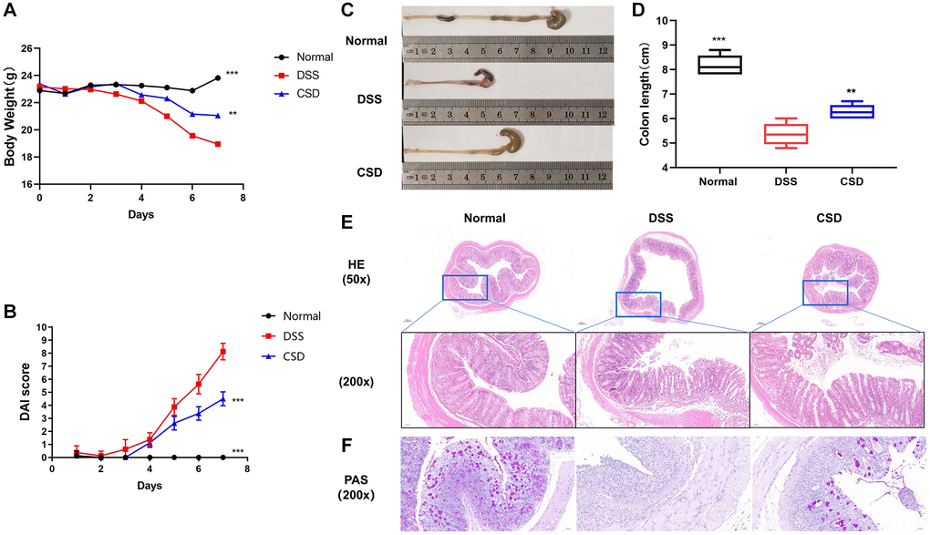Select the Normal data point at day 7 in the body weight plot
click(217, 77)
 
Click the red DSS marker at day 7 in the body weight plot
click(217, 144)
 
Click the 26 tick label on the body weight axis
click(26, 48)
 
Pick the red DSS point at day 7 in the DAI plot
click(222, 351)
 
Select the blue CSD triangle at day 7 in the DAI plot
click(222, 398)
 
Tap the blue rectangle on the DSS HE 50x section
click(638, 304)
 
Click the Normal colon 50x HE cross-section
click(488, 269)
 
